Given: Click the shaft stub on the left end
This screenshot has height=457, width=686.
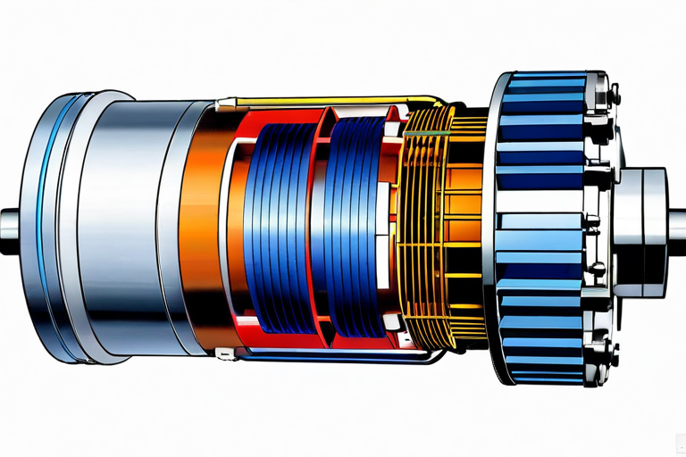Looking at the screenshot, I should coord(11,219).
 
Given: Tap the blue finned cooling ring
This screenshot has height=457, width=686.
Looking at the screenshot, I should coord(536,223).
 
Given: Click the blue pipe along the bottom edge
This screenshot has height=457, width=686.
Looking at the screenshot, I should coord(330,358).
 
